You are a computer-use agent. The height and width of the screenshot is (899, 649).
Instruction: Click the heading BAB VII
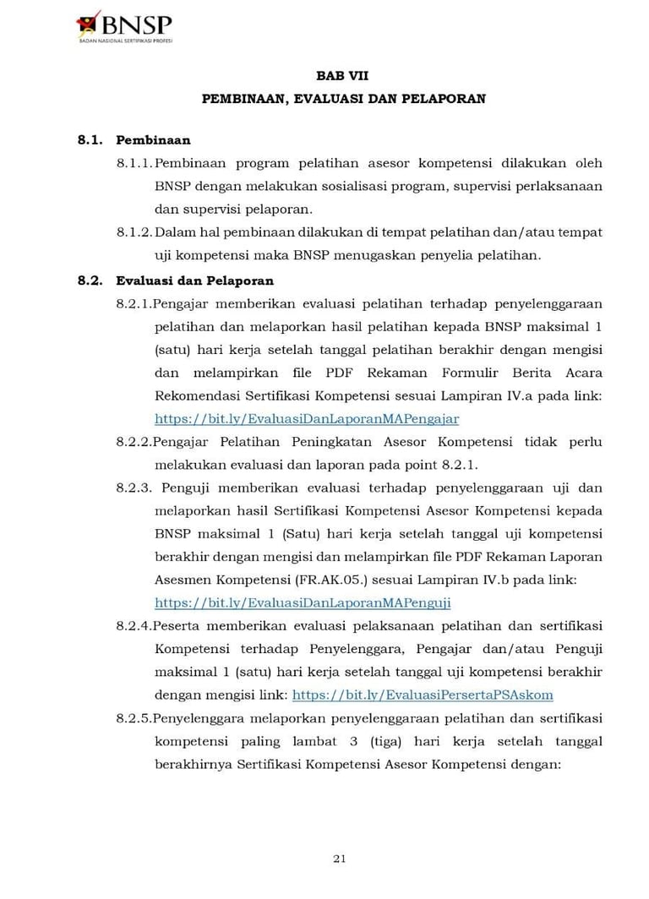click(343, 76)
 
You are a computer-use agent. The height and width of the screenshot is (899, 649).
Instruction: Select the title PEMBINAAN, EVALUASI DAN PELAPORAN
click(343, 99)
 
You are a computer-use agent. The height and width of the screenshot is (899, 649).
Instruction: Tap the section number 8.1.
click(90, 140)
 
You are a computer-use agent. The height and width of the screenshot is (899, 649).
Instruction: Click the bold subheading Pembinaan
click(153, 140)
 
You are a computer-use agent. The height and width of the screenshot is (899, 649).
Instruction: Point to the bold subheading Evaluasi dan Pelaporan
click(194, 281)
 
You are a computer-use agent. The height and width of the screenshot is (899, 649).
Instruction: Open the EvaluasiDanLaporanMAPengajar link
click(307, 418)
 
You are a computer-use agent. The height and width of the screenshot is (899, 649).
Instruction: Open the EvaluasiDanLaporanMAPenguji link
click(303, 602)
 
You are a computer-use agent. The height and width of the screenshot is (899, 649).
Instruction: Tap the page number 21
click(340, 859)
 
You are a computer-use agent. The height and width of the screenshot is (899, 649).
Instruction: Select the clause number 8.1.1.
click(135, 163)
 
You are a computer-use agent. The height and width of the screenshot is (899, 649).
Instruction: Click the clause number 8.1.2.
click(135, 232)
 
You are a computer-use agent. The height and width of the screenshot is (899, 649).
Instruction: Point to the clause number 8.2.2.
click(134, 442)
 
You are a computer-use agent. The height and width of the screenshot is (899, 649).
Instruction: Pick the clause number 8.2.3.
click(135, 488)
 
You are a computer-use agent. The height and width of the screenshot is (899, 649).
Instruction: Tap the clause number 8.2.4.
click(134, 626)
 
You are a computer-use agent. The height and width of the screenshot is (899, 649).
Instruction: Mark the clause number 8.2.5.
click(134, 718)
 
